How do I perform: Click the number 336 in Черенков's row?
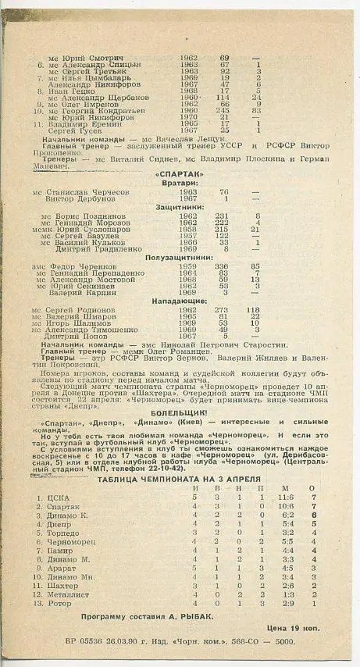pyautogui.click(x=223, y=266)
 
